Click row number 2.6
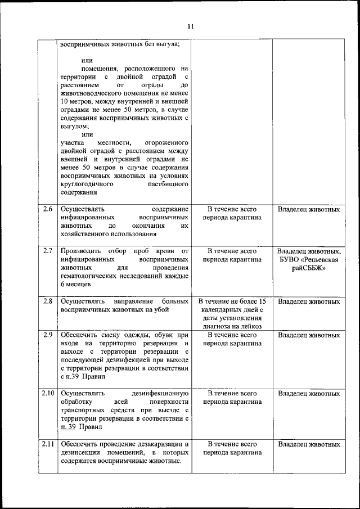[x=48, y=209]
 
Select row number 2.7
[x=48, y=250]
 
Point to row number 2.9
[x=48, y=335]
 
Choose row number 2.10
[x=48, y=393]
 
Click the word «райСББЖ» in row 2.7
[x=309, y=269]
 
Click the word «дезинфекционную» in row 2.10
[x=159, y=393]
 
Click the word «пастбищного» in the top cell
[x=168, y=183]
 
